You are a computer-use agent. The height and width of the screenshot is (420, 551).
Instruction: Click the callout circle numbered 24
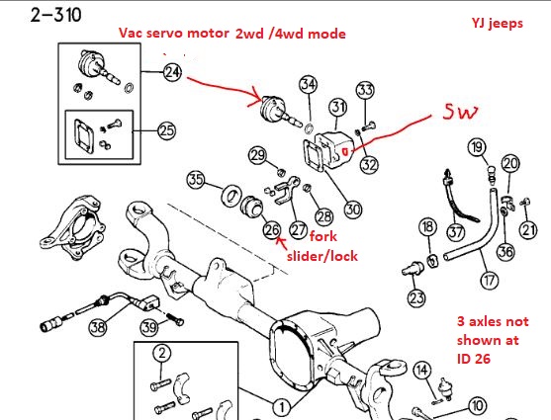(x=172, y=73)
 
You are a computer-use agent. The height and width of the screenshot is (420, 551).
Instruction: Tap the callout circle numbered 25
(x=166, y=131)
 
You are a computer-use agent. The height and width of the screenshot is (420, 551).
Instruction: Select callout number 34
(x=309, y=84)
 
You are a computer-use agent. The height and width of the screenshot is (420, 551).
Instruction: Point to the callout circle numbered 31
(x=338, y=107)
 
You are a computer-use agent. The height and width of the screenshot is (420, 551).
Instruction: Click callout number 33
(x=365, y=90)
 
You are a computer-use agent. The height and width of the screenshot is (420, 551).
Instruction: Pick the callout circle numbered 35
(x=196, y=179)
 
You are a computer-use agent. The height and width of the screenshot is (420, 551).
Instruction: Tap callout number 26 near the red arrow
(x=272, y=230)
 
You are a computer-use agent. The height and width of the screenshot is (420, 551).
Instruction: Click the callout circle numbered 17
(x=490, y=281)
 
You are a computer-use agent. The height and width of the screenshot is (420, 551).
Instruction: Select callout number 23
(x=416, y=297)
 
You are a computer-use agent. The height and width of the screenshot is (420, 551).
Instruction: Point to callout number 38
(x=98, y=327)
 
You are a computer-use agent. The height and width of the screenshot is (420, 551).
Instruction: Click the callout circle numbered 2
(x=162, y=353)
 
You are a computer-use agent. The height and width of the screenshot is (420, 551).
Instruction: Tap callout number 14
(x=422, y=370)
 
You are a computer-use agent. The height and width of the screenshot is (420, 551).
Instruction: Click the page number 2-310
(x=56, y=15)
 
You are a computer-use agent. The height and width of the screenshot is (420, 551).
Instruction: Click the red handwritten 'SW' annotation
(x=461, y=112)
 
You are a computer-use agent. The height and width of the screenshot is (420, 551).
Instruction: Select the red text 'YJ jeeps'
(x=498, y=23)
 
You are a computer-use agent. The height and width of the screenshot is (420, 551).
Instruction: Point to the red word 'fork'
(x=323, y=236)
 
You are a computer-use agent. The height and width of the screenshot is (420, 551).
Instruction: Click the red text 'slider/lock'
(x=322, y=256)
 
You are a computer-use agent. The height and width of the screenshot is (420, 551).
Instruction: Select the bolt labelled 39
(x=174, y=318)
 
